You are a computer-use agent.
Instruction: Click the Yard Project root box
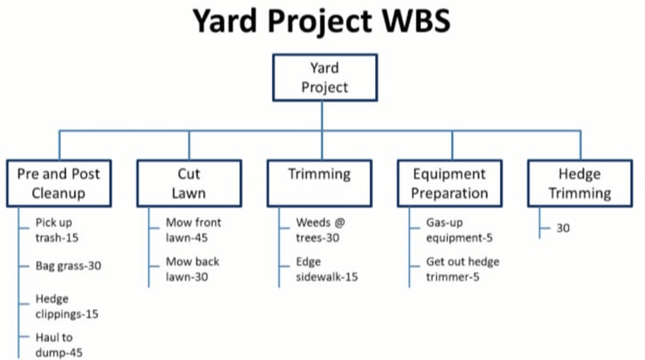(325, 77)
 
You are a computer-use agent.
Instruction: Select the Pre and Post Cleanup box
(58, 183)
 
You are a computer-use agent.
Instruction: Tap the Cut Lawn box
(189, 183)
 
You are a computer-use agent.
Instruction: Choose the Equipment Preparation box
(449, 183)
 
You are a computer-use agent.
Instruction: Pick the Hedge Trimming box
(580, 183)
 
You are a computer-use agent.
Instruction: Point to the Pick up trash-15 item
(57, 230)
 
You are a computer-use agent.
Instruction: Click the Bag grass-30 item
(68, 266)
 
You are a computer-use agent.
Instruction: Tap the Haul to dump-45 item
(59, 346)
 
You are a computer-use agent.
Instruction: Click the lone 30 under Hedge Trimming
(563, 227)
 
